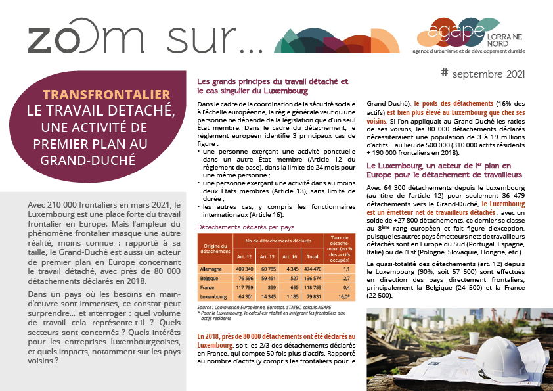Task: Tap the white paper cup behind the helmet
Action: [x=474, y=337]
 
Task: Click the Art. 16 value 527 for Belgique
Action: [x=292, y=278]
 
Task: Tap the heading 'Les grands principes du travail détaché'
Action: [x=273, y=81]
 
